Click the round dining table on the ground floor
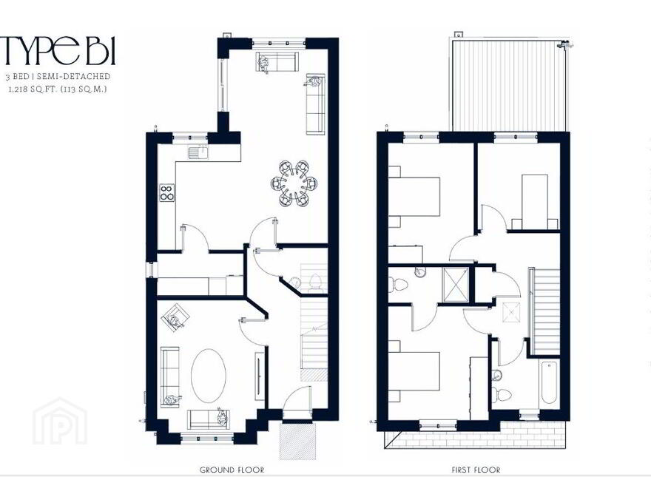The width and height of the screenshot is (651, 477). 294,183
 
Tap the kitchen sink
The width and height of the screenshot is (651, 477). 198,152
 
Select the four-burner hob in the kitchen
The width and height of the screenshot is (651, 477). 167,192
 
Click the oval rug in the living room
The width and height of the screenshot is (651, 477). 209,376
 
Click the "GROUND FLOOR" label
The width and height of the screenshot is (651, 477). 232,470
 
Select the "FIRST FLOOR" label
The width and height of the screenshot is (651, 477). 476,470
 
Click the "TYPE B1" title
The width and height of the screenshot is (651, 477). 58,51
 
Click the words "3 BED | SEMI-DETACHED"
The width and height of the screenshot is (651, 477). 58,76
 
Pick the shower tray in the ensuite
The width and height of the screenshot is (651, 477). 456,281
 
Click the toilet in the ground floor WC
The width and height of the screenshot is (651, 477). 316,283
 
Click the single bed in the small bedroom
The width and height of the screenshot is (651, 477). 535,201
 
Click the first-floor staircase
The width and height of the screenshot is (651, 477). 545,311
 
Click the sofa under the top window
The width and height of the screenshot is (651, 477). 277,62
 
